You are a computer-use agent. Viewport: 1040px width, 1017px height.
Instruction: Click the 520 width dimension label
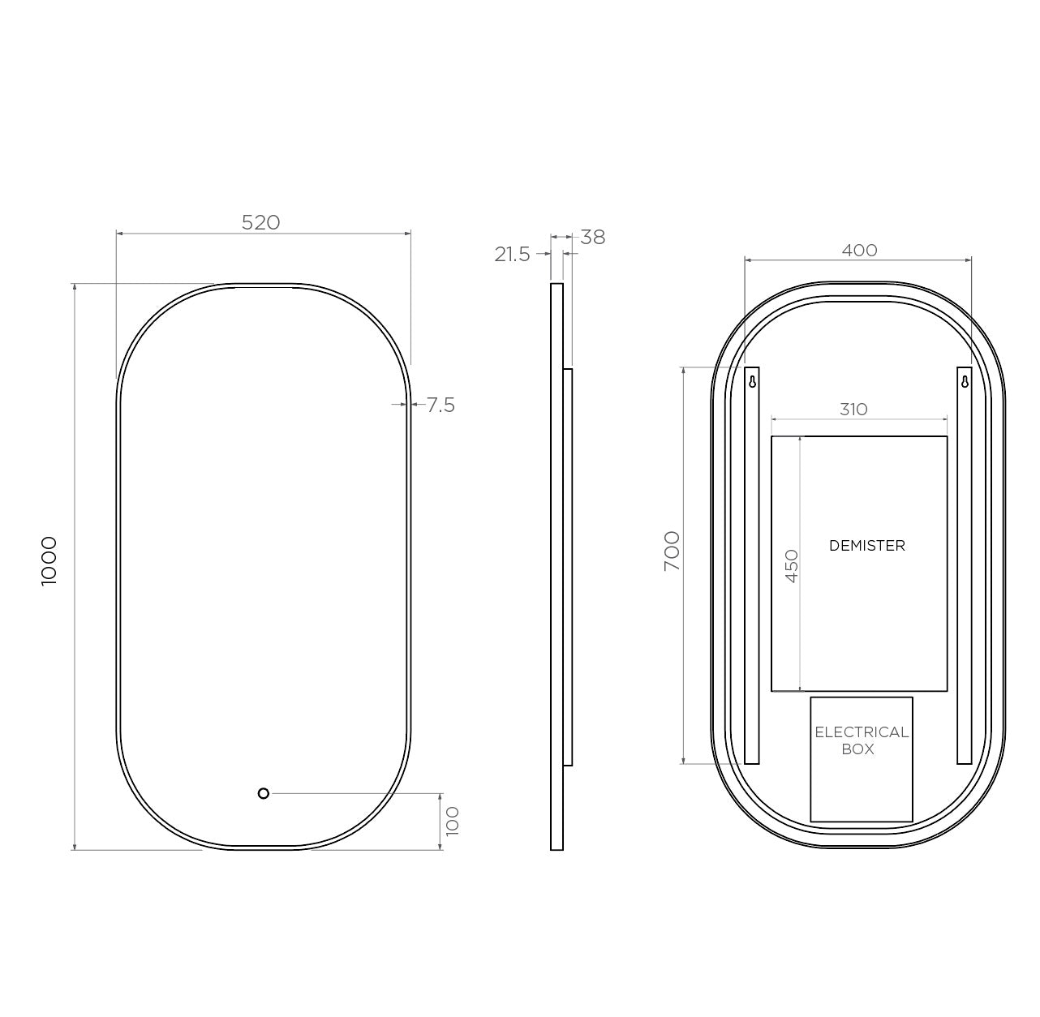click(260, 222)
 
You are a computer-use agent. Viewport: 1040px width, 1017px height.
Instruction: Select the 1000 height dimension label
click(49, 561)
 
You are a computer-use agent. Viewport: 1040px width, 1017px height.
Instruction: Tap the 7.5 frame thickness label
click(440, 405)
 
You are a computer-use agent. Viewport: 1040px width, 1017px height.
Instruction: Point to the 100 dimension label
click(452, 821)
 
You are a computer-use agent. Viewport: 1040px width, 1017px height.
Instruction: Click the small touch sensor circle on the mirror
click(264, 793)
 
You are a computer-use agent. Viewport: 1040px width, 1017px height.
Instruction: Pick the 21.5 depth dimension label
click(512, 255)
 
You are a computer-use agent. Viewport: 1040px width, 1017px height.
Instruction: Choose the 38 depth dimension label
click(593, 238)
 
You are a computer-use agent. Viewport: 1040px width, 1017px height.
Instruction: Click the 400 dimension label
click(859, 250)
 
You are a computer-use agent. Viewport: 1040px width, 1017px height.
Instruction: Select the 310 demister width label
click(853, 410)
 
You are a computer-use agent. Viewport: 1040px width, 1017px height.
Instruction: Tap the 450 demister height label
click(792, 566)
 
